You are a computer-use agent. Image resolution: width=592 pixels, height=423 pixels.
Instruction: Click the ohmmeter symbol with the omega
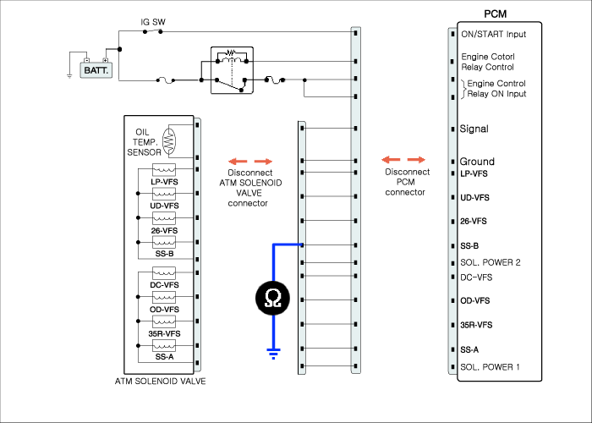pyautogui.click(x=273, y=298)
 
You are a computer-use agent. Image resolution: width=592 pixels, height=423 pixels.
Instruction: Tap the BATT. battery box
pyautogui.click(x=96, y=70)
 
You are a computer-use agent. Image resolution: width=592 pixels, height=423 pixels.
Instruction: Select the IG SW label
pyautogui.click(x=153, y=22)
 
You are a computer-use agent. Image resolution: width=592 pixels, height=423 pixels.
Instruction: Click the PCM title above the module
pyautogui.click(x=495, y=14)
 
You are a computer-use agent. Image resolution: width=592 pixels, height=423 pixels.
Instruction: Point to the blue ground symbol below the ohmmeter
pyautogui.click(x=273, y=354)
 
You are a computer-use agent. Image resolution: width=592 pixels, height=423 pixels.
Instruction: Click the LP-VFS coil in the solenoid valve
pyautogui.click(x=164, y=169)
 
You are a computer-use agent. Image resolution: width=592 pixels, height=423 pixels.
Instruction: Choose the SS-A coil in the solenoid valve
pyautogui.click(x=164, y=345)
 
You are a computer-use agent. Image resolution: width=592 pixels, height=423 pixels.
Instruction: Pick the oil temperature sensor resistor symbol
pyautogui.click(x=169, y=141)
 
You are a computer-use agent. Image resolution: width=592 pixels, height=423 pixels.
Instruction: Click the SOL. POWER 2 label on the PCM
pyautogui.click(x=490, y=262)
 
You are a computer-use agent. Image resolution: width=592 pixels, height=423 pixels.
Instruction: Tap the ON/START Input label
pyautogui.click(x=493, y=35)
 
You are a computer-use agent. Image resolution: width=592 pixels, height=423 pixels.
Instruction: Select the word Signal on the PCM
pyautogui.click(x=474, y=129)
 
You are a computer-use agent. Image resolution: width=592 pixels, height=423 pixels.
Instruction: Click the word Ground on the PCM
pyautogui.click(x=477, y=162)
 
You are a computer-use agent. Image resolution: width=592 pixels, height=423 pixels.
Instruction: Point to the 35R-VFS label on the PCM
pyautogui.click(x=476, y=325)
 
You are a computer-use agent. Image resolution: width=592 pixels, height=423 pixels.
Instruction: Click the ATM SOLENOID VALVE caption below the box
pyautogui.click(x=160, y=381)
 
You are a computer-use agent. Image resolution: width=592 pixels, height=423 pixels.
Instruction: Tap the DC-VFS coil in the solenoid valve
pyautogui.click(x=164, y=272)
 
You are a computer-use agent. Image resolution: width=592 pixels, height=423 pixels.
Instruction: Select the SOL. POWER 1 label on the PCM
pyautogui.click(x=490, y=367)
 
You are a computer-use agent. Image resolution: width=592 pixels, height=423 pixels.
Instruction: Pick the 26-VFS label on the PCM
pyautogui.click(x=473, y=222)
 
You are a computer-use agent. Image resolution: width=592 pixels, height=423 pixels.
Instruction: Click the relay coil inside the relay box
pyautogui.click(x=232, y=59)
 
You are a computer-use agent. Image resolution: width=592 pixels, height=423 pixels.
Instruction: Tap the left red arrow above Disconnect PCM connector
pyautogui.click(x=391, y=159)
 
